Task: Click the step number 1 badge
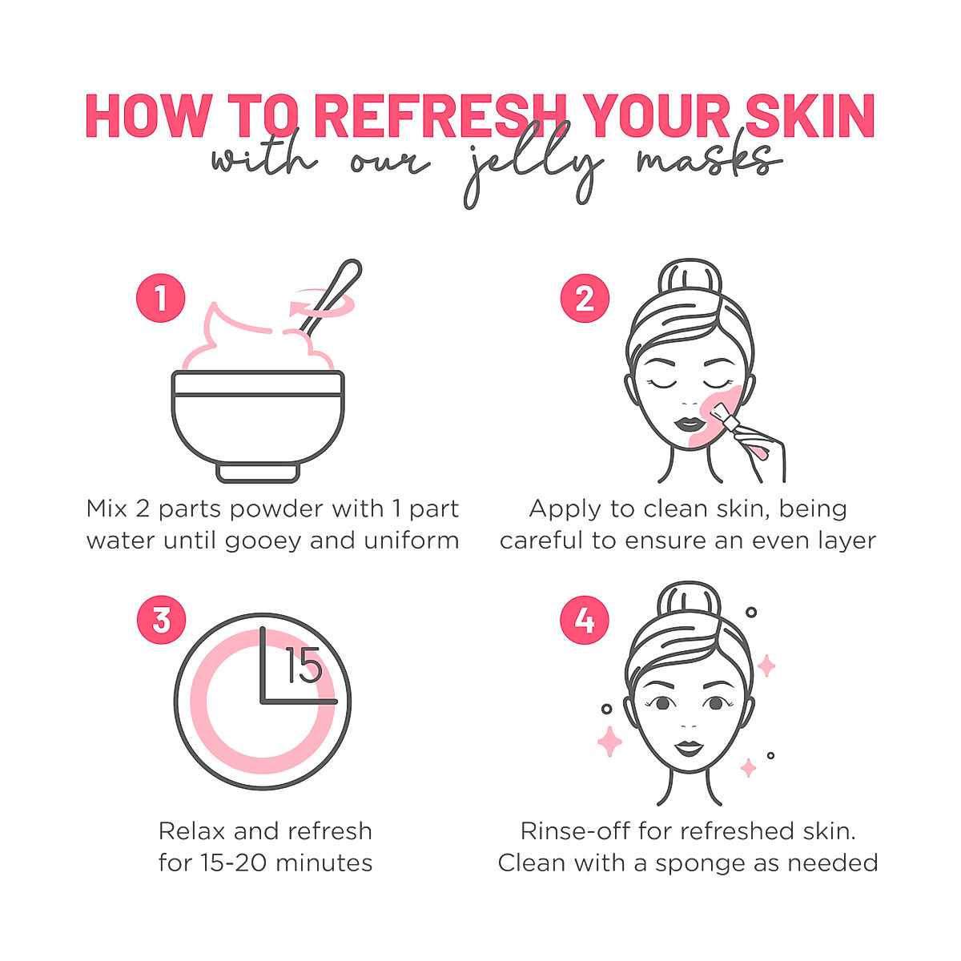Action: tap(161, 299)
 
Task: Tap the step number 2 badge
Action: tap(585, 299)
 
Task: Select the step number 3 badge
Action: tap(161, 620)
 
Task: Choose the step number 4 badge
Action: tap(585, 620)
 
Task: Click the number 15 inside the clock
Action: tap(304, 666)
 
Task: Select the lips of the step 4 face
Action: tap(688, 748)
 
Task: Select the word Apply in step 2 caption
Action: tap(563, 510)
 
